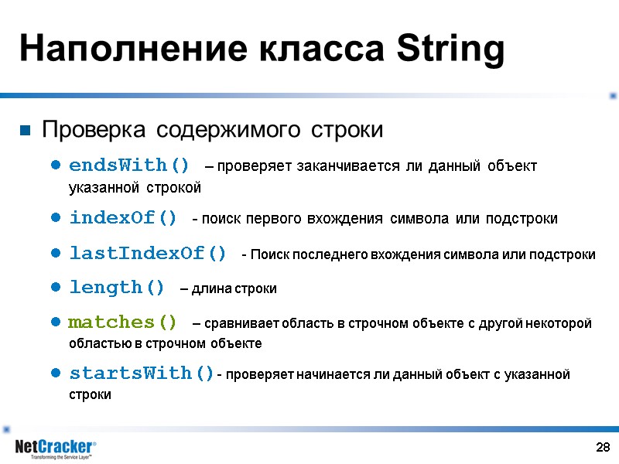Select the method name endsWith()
pos(129,165)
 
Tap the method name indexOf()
pos(123,218)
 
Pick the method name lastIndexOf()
pos(148,254)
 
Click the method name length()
pos(117,288)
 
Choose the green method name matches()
pos(123,322)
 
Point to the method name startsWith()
pos(142,374)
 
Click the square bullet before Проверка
pos(25,130)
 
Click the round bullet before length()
pos(56,288)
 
